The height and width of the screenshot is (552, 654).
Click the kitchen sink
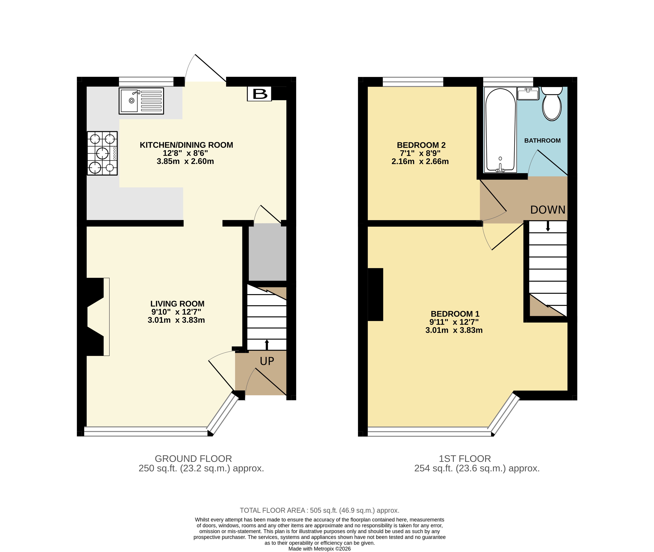pyautogui.click(x=141, y=101)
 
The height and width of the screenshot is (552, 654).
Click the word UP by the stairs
pyautogui.click(x=267, y=361)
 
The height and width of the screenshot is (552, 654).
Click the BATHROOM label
pyautogui.click(x=542, y=141)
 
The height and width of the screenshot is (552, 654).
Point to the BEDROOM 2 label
pyautogui.click(x=421, y=145)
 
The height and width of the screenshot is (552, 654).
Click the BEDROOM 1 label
pyautogui.click(x=455, y=314)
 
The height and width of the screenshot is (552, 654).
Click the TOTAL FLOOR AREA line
pyautogui.click(x=320, y=510)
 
